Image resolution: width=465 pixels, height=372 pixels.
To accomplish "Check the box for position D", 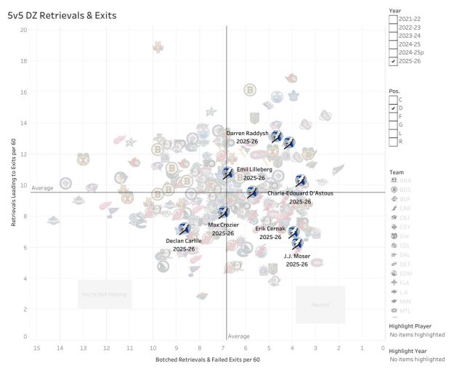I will pyautogui.click(x=393, y=108).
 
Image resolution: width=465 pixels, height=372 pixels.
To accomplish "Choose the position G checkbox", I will pyautogui.click(x=393, y=124).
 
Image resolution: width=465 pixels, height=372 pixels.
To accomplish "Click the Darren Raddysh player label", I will pyautogui.click(x=248, y=134).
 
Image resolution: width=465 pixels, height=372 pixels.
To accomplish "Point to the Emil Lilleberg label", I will pyautogui.click(x=254, y=169).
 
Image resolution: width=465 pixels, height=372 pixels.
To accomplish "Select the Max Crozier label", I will pyautogui.click(x=223, y=225).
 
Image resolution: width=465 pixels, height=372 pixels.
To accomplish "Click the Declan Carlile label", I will pyautogui.click(x=184, y=240).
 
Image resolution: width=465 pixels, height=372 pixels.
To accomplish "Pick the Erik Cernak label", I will pyautogui.click(x=270, y=229).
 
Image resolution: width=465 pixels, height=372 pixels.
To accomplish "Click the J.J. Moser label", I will pyautogui.click(x=296, y=256).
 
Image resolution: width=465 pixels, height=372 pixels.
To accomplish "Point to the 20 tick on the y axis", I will pyautogui.click(x=24, y=30).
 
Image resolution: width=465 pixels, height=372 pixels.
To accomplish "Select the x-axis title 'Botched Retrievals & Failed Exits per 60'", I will pyautogui.click(x=207, y=360).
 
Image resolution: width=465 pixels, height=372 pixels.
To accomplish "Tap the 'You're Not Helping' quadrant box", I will pyautogui.click(x=105, y=294).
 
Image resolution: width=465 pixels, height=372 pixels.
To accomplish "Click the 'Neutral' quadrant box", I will pyautogui.click(x=320, y=304).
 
